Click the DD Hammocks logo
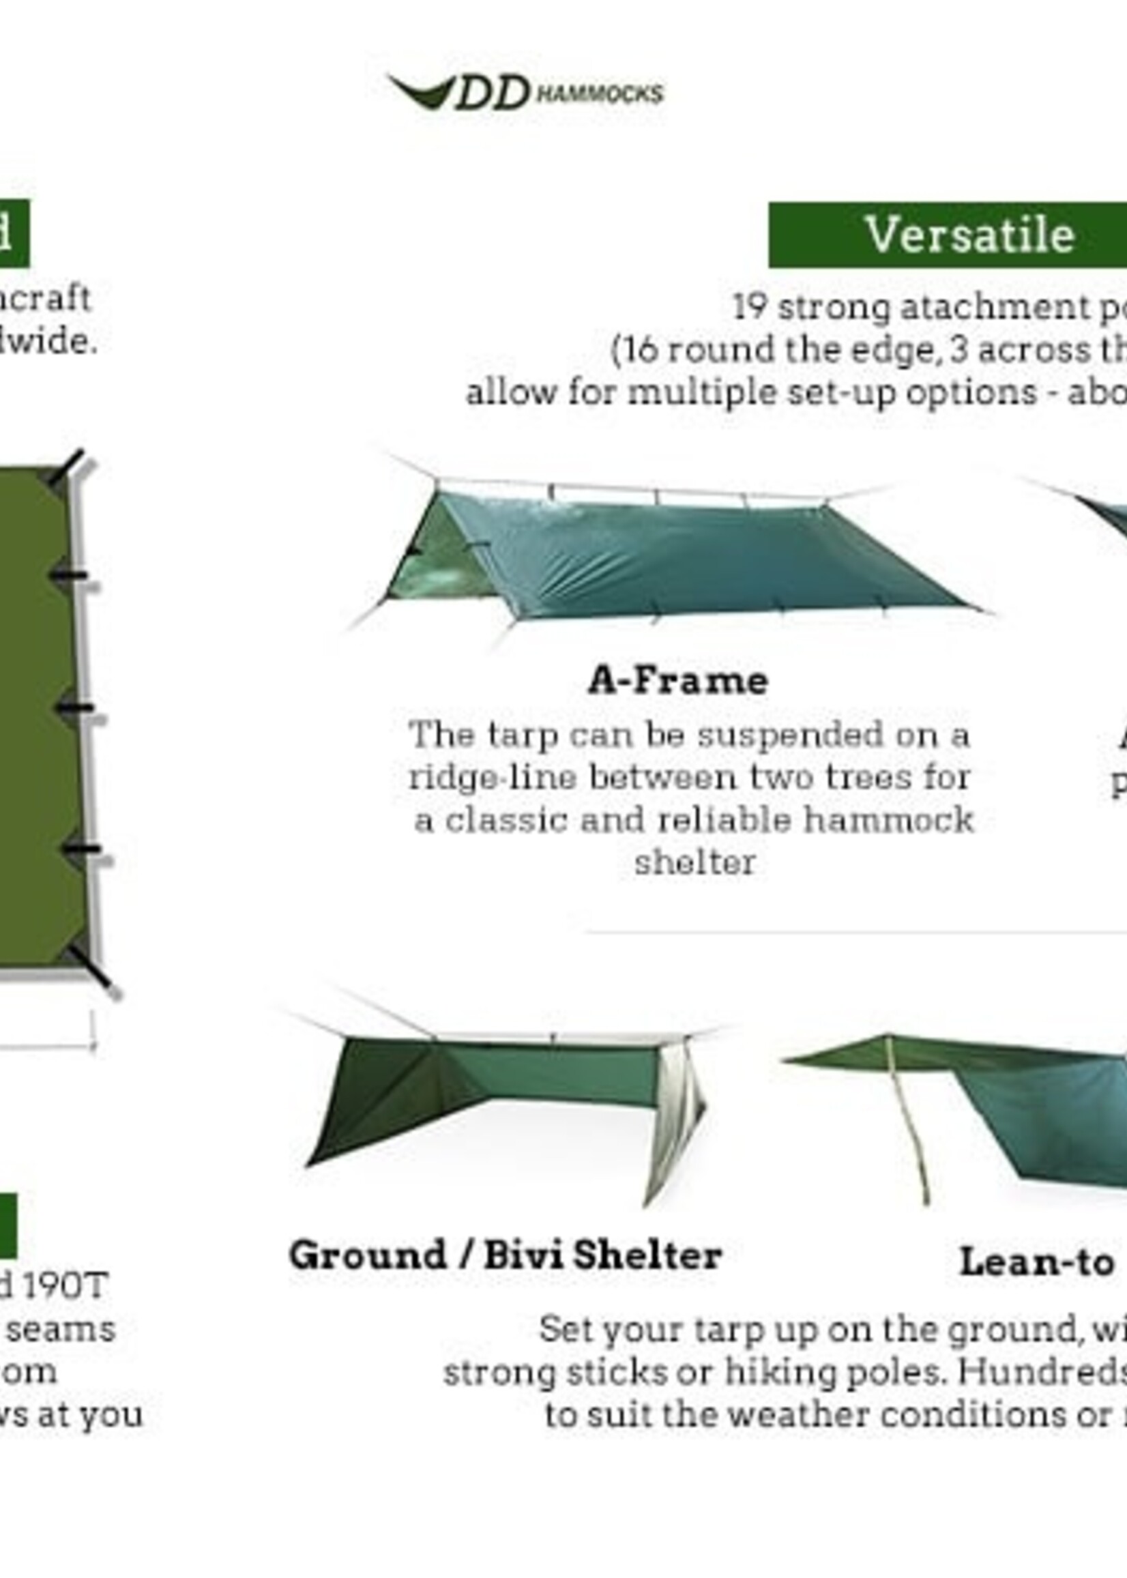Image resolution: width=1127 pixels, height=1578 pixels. (x=525, y=93)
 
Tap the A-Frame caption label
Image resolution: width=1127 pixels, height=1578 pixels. (x=677, y=681)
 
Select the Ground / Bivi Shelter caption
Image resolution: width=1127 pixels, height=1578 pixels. (x=506, y=1255)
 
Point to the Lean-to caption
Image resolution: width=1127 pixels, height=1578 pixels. (x=1036, y=1261)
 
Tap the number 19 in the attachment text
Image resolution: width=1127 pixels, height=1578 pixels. (x=750, y=308)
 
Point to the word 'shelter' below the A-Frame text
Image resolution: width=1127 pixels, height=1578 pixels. (x=694, y=863)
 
